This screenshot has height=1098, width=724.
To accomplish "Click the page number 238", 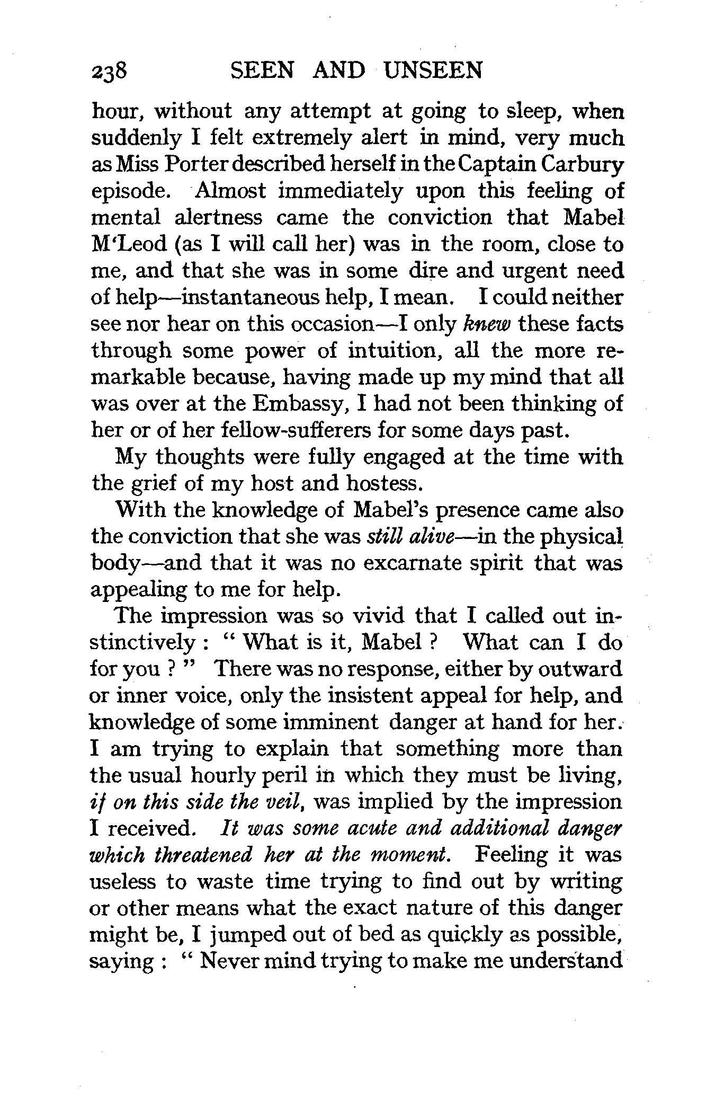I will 108,70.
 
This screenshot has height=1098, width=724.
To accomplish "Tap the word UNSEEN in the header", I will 433,70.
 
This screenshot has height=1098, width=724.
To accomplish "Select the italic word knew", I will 486,324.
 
